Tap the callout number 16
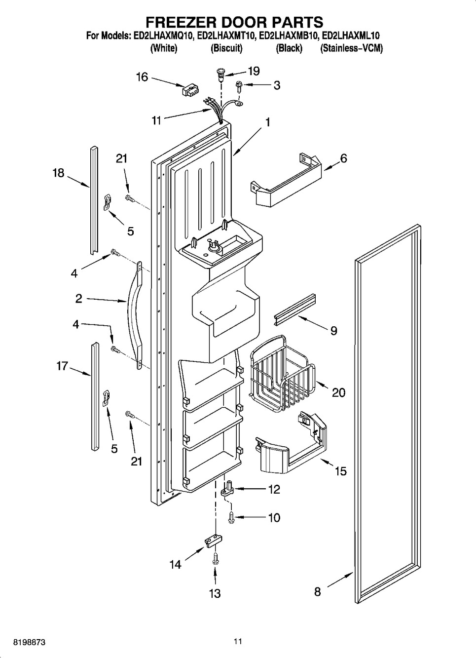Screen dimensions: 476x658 tap(142, 77)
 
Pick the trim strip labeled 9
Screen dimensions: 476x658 tap(294, 310)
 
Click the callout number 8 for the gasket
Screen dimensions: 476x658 tap(318, 591)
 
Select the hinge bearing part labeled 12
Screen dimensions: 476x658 tap(228, 490)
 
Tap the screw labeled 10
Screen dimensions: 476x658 tap(231, 518)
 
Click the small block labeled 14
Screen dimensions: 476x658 tap(214, 541)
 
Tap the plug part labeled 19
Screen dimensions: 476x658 tap(220, 75)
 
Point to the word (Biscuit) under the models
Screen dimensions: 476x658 tap(226, 47)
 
